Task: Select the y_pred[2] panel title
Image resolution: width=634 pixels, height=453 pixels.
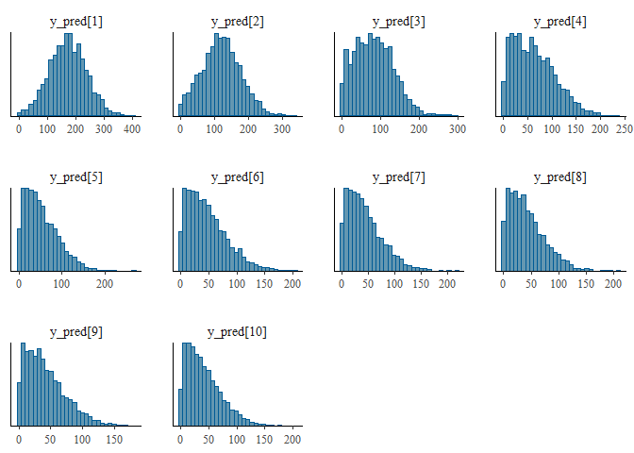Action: coord(235,22)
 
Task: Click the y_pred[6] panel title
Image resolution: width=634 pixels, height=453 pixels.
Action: coord(235,176)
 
